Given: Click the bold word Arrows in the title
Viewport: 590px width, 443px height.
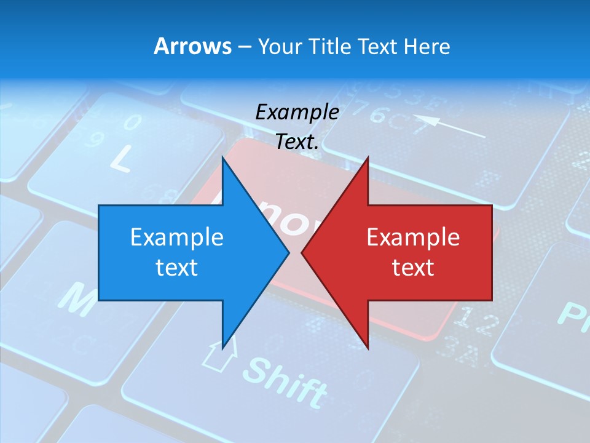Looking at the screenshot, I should [x=192, y=46].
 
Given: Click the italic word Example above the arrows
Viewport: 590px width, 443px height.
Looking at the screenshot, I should [x=297, y=112].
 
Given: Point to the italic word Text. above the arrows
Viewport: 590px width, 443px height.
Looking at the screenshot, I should [x=297, y=142].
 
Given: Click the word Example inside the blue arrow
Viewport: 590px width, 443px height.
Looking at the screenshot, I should [x=177, y=237].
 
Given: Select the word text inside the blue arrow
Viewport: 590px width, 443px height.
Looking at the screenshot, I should [x=177, y=267].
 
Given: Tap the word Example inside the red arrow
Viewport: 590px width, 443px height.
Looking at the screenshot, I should [x=413, y=237].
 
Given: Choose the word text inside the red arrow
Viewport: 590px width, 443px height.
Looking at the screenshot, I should [x=413, y=267].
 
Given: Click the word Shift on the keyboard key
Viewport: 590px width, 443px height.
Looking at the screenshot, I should [x=284, y=382].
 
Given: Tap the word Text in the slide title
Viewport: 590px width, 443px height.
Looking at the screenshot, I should [x=378, y=46].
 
